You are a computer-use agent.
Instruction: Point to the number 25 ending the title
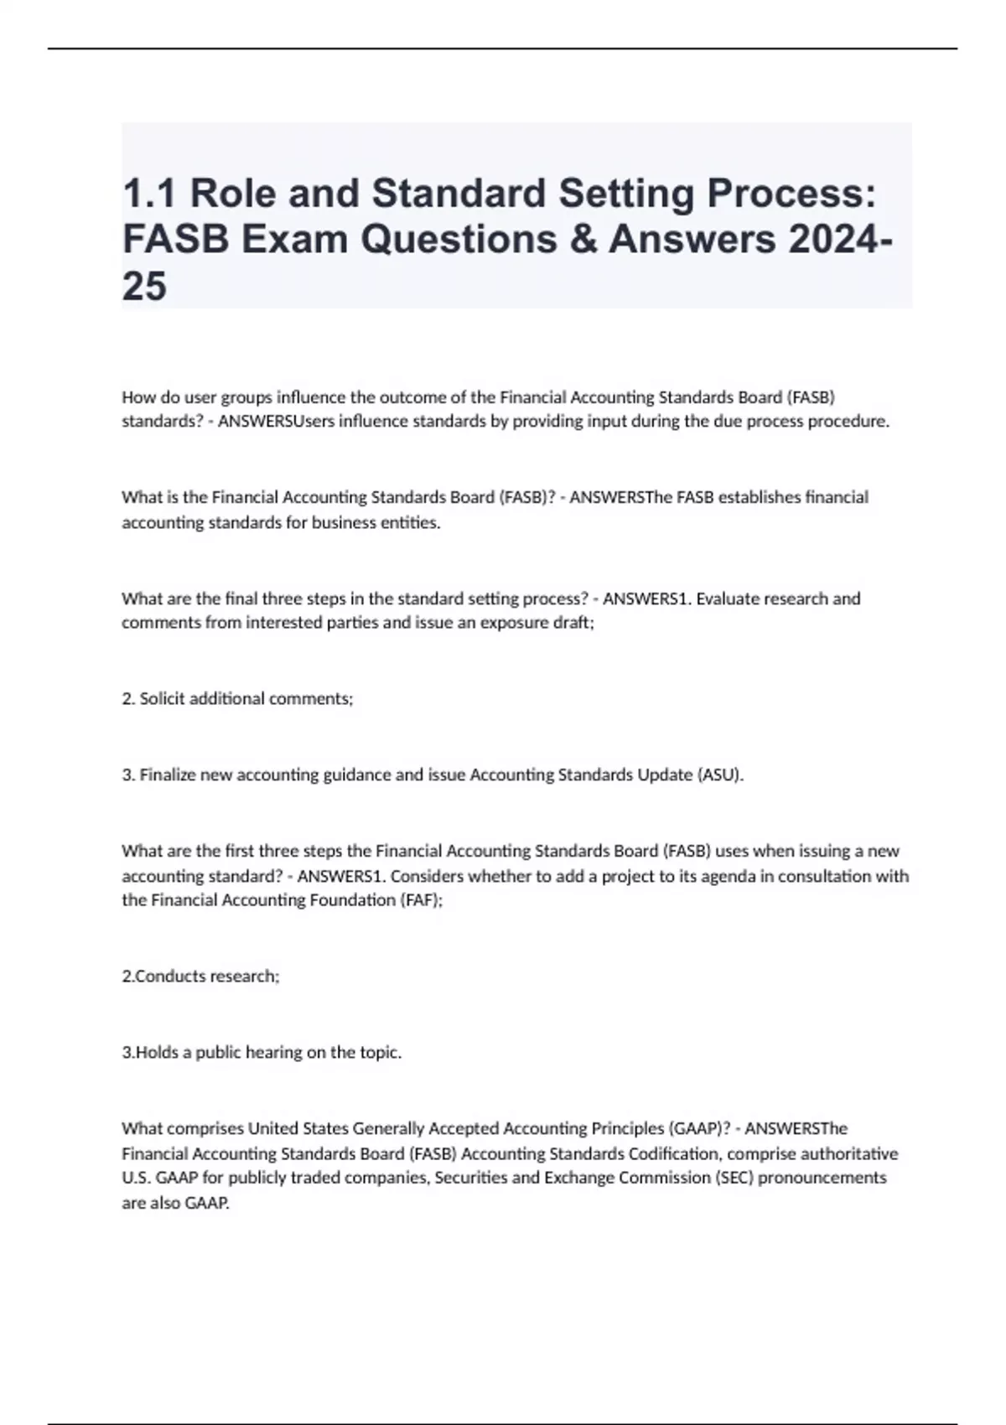point(144,287)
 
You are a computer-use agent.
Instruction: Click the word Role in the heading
point(231,194)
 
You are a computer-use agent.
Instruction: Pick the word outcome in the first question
point(397,396)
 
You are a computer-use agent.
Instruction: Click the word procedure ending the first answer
point(848,421)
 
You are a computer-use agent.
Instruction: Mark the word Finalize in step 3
point(167,775)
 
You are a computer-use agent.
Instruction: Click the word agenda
point(744,876)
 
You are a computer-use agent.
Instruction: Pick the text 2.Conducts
point(163,976)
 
